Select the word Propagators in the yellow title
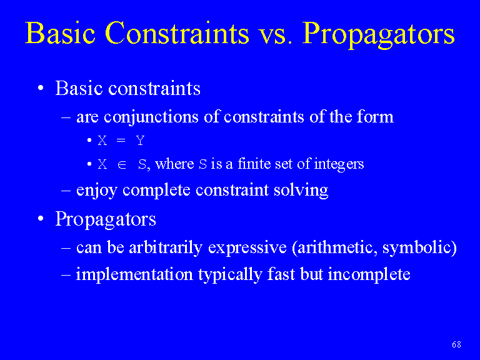pyautogui.click(x=378, y=34)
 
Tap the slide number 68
pyautogui.click(x=456, y=344)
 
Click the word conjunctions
pyautogui.click(x=151, y=117)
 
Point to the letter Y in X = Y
pyautogui.click(x=140, y=141)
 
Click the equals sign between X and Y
pyautogui.click(x=121, y=141)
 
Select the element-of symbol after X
pyautogui.click(x=122, y=165)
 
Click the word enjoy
pyautogui.click(x=97, y=191)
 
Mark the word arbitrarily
pyautogui.click(x=166, y=247)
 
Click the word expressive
pyautogui.click(x=247, y=247)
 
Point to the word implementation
pyautogui.click(x=134, y=274)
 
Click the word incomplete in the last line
pyautogui.click(x=369, y=274)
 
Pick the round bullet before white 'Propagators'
pyautogui.click(x=41, y=219)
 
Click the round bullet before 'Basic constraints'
pyautogui.click(x=41, y=88)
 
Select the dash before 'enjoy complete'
pyautogui.click(x=66, y=191)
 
